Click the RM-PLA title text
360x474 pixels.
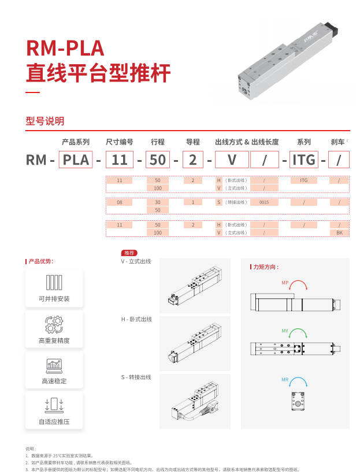[65, 48]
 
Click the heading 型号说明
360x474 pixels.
[45, 121]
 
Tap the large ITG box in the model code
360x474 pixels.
[304, 159]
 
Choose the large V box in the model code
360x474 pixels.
[232, 159]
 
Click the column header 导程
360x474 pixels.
[192, 142]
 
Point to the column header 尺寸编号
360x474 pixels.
[120, 142]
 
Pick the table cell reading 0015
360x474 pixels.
[264, 202]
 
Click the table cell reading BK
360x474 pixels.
[339, 232]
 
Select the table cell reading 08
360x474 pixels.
[120, 202]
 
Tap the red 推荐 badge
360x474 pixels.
[129, 253]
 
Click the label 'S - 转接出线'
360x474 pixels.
[136, 377]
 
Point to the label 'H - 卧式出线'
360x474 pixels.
[136, 319]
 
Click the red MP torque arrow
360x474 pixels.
[298, 285]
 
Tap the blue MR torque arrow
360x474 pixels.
[298, 382]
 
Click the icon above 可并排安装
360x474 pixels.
[54, 282]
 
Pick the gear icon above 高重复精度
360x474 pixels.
[54, 324]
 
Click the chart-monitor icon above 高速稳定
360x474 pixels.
[54, 365]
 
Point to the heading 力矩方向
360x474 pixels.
[266, 267]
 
